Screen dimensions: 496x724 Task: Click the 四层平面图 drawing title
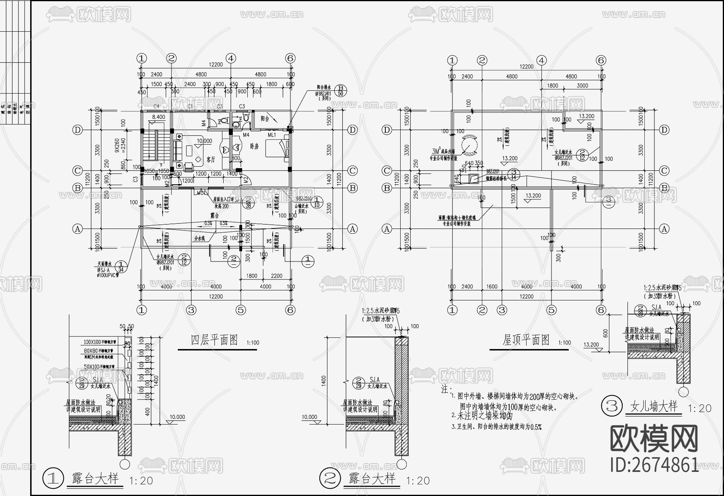[214, 340]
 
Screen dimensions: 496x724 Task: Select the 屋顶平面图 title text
[526, 340]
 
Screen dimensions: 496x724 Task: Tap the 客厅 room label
[211, 159]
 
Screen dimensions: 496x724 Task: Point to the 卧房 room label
[254, 147]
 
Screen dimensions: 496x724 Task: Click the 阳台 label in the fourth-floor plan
[265, 118]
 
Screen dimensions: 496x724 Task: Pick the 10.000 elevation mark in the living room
[204, 141]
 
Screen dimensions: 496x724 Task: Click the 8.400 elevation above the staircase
[158, 117]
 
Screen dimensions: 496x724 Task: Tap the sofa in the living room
[177, 150]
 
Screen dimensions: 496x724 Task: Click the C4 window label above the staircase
[157, 106]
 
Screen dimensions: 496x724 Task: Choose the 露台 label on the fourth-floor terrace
[214, 215]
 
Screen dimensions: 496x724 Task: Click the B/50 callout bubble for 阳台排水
[341, 91]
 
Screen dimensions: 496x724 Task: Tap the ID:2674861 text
[654, 465]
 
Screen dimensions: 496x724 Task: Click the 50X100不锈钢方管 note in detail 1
[99, 367]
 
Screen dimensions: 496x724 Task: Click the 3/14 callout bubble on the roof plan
[514, 175]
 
